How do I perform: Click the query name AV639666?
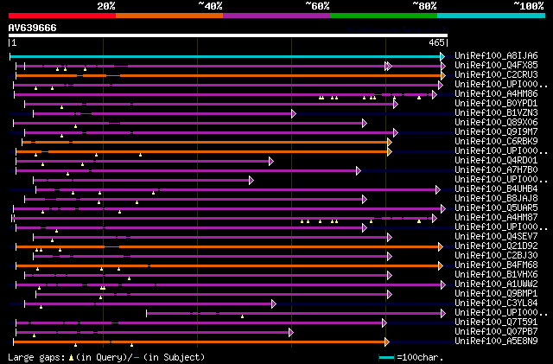[33, 28]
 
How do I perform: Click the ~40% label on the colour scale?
[210, 5]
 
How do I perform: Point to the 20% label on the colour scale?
[106, 5]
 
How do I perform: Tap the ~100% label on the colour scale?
[529, 5]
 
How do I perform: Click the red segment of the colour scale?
[61, 15]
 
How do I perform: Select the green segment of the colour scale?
[383, 15]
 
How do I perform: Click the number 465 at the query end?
[435, 42]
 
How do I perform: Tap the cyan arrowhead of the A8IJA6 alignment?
[443, 56]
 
